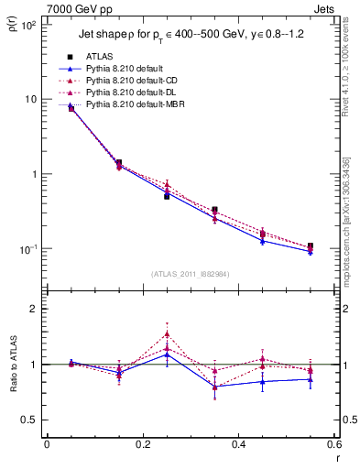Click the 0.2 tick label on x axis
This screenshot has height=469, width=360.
coord(142,444)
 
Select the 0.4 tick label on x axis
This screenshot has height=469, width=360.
coord(237,444)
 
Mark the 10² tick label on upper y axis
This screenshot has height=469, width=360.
coord(29,25)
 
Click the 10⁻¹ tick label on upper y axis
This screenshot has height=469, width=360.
coord(29,249)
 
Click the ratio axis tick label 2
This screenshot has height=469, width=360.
coord(33,309)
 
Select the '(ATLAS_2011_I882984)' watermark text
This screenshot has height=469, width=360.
coord(190,273)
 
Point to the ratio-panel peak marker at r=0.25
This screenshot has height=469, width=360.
coord(167,333)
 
